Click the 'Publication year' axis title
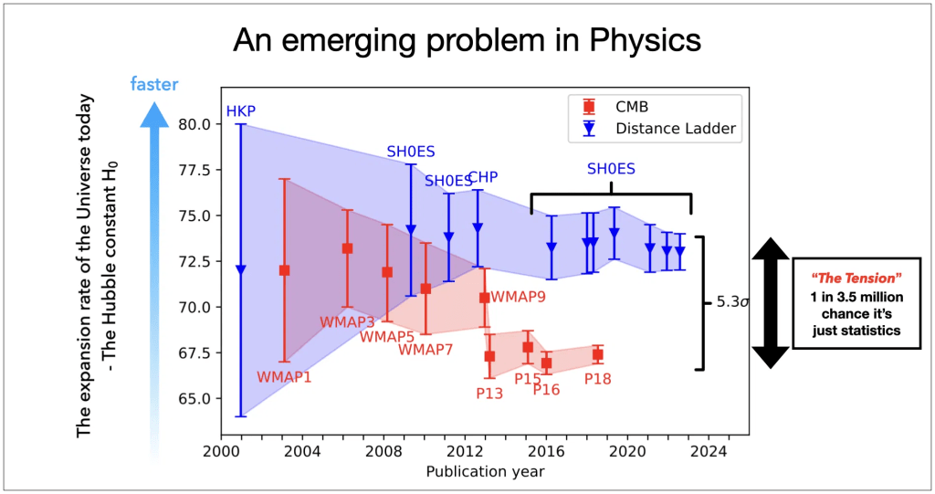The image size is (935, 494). click(x=485, y=471)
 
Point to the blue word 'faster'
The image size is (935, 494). click(x=154, y=85)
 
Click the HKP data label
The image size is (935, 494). click(x=240, y=110)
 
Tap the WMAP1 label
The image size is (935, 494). click(x=284, y=376)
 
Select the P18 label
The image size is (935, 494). click(x=598, y=378)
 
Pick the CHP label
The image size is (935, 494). click(x=482, y=177)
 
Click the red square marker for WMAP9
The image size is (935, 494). click(x=484, y=298)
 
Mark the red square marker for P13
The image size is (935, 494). click(x=489, y=356)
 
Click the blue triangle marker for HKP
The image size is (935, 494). click(x=241, y=270)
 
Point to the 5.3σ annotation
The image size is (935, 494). click(x=731, y=301)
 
